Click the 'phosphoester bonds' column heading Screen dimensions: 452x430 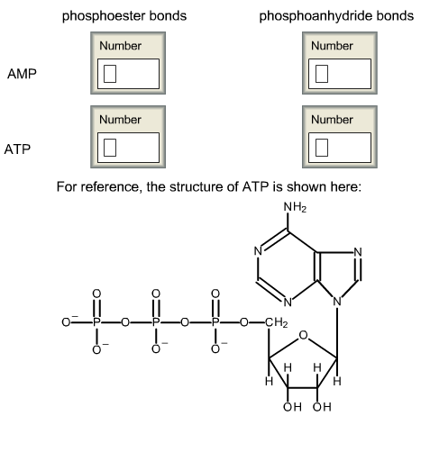tap(124, 16)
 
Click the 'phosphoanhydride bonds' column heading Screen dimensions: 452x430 tap(336, 16)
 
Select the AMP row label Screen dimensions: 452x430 tap(22, 74)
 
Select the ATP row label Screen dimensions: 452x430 tap(18, 149)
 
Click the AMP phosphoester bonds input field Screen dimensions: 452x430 tap(126, 74)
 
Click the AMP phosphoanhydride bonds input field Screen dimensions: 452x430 tap(338, 74)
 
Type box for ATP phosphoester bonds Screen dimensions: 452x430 tap(126, 147)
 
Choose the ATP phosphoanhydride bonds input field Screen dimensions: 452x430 tap(338, 147)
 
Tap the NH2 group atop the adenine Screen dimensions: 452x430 tap(295, 208)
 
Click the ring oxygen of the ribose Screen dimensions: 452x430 tap(303, 337)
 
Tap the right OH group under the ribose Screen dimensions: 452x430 tap(323, 407)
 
